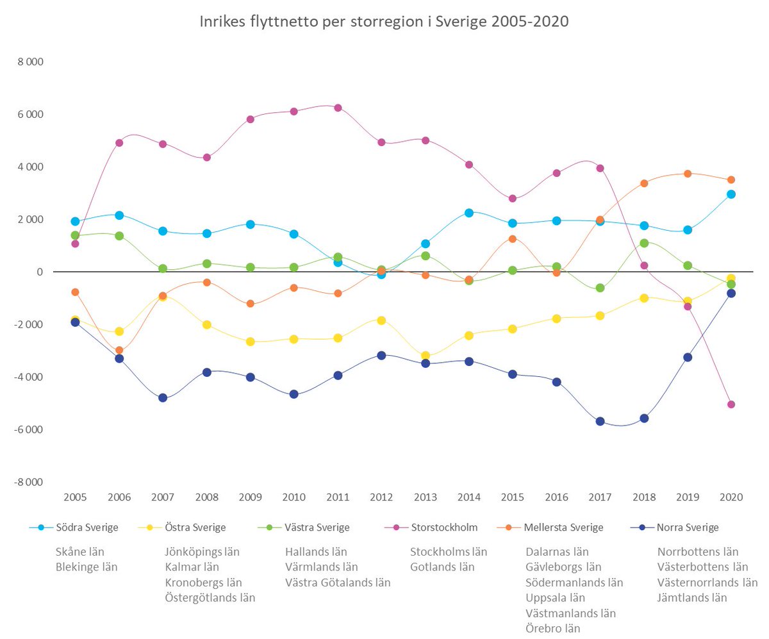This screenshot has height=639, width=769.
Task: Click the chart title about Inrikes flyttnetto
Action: coord(384,22)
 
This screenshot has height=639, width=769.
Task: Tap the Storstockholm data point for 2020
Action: coord(731,404)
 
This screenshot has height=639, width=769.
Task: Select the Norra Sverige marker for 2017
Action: coord(600,421)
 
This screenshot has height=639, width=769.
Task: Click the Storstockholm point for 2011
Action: coord(338,108)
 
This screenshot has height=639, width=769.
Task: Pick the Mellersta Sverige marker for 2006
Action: coord(119,351)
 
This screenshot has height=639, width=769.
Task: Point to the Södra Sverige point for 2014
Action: coord(469,213)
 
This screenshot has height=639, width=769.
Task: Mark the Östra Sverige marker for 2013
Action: coord(425,356)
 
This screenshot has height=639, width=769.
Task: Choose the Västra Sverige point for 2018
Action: coord(644,243)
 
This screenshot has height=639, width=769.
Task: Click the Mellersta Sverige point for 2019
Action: coord(688,174)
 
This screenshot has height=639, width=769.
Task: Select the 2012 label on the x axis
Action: coord(381,498)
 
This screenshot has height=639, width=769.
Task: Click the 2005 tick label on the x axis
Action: coord(75,498)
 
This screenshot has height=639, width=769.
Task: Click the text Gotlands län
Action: coord(442,567)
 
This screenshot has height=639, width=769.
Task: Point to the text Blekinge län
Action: coord(87,567)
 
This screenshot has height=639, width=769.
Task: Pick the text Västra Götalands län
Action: coord(338,582)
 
